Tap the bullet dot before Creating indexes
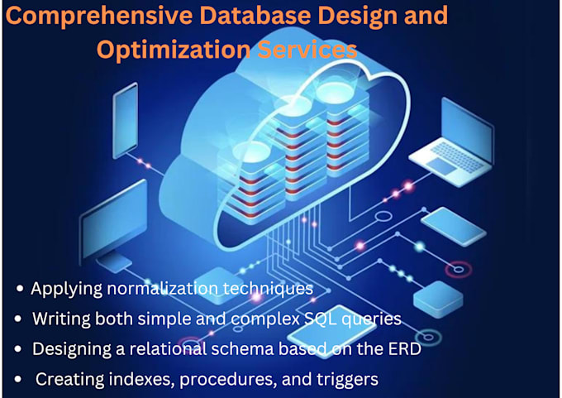coord(20,380)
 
